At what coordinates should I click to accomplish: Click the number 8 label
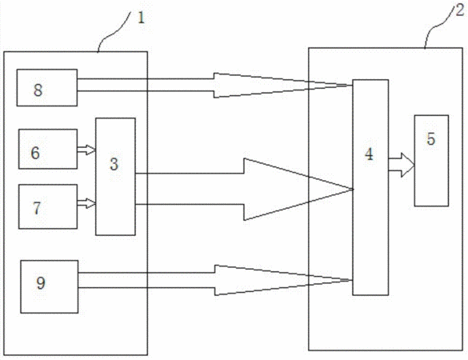(x=38, y=90)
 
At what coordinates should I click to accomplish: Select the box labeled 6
(x=48, y=149)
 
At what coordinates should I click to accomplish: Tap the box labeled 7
(x=48, y=206)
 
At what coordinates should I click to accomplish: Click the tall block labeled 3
(x=115, y=177)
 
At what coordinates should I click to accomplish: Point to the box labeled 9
(x=50, y=286)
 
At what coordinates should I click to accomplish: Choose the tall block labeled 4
(x=370, y=187)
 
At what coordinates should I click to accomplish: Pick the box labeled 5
(x=431, y=161)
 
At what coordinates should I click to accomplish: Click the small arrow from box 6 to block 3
(x=86, y=150)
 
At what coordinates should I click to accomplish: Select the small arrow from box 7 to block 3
(x=86, y=203)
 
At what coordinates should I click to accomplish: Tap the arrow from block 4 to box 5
(x=402, y=165)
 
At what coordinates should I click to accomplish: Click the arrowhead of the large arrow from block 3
(x=298, y=190)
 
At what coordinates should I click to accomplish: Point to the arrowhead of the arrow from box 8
(x=281, y=86)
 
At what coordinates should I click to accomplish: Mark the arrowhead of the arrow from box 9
(x=283, y=280)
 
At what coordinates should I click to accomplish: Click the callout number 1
(x=141, y=18)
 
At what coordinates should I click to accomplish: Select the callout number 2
(x=460, y=10)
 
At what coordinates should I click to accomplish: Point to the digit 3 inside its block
(x=114, y=164)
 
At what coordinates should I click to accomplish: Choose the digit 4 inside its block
(x=370, y=154)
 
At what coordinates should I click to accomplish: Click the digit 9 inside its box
(x=41, y=282)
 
